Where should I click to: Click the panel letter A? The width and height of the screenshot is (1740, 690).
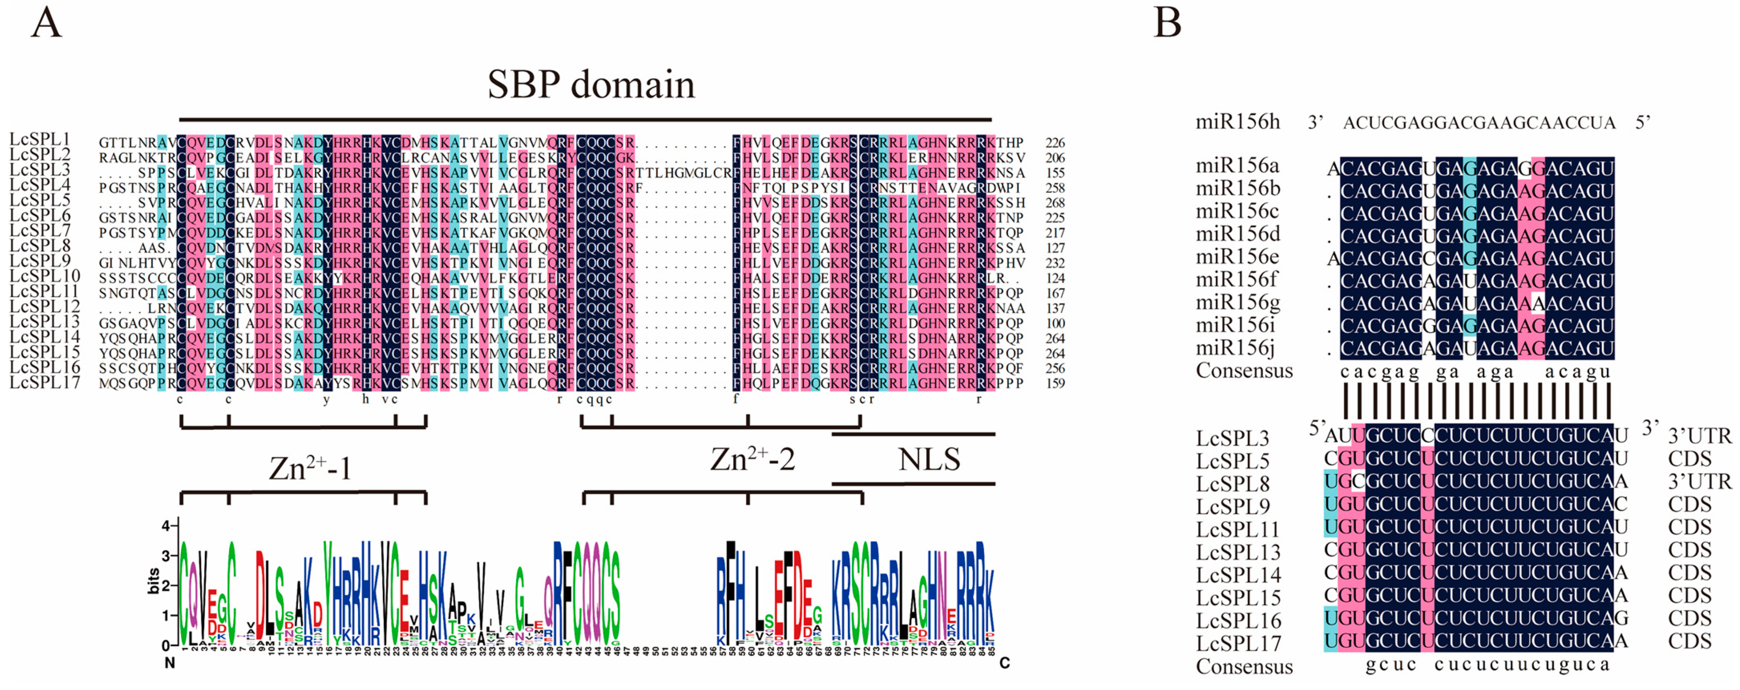click(x=46, y=24)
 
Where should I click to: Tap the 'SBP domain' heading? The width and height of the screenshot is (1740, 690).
click(x=591, y=85)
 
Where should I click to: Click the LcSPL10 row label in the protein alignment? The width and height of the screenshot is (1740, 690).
click(x=44, y=276)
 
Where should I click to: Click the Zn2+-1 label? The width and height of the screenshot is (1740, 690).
click(x=310, y=468)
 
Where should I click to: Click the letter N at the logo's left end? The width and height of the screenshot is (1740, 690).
click(x=170, y=664)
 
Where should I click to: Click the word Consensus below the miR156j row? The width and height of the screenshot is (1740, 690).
click(x=1244, y=371)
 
